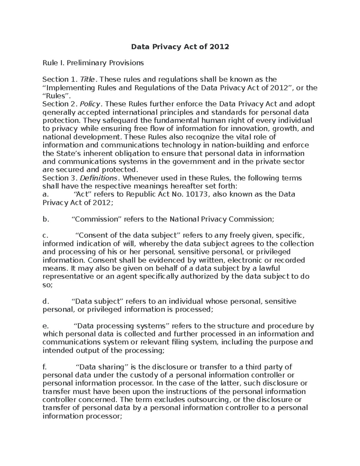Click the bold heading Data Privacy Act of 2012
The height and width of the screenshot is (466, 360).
point(180,47)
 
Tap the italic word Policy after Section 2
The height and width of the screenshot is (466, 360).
point(91,104)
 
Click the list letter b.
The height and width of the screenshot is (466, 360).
point(45,219)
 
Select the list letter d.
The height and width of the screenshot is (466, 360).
point(45,301)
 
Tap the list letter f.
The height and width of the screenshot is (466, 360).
point(44,367)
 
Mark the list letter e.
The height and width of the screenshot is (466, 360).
point(45,326)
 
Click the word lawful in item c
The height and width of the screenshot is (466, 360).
point(269,268)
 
